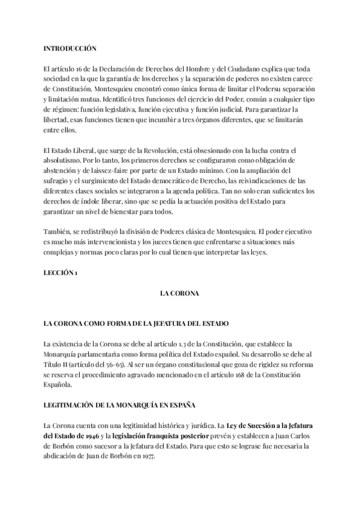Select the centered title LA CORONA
(x=179, y=293)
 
